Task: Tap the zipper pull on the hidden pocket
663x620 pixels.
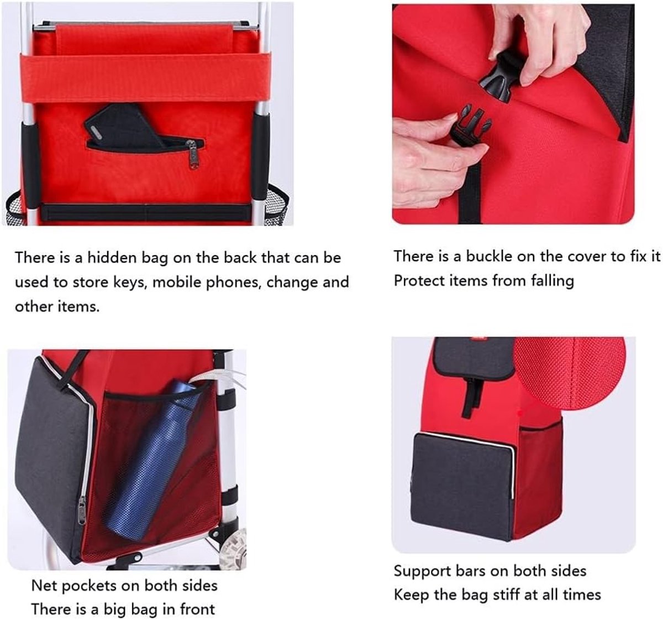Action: click(193, 155)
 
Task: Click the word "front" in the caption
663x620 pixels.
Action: click(197, 609)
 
